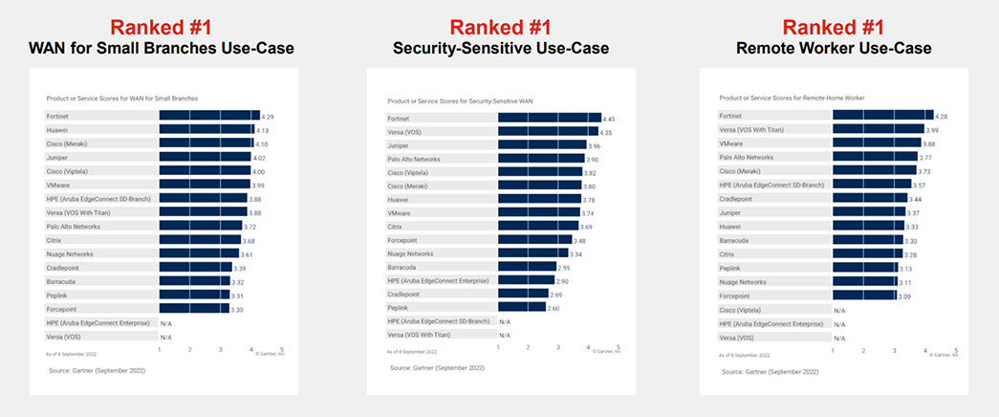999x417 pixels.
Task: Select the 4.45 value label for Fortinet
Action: tap(608, 118)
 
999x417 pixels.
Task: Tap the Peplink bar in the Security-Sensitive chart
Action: tap(521, 307)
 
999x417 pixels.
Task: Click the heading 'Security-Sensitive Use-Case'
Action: tap(501, 48)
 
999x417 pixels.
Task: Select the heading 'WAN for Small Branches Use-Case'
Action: tap(161, 48)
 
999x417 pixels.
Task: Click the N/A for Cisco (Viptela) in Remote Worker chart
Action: tap(839, 311)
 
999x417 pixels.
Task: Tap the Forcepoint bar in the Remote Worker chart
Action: tap(864, 296)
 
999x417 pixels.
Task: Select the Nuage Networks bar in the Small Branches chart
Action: tap(199, 254)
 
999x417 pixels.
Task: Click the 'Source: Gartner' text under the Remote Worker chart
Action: tap(771, 371)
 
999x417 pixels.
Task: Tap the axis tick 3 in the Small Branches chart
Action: tap(221, 350)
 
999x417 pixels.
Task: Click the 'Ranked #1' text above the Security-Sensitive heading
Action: tap(501, 26)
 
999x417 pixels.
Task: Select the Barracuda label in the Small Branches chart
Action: tap(62, 282)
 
